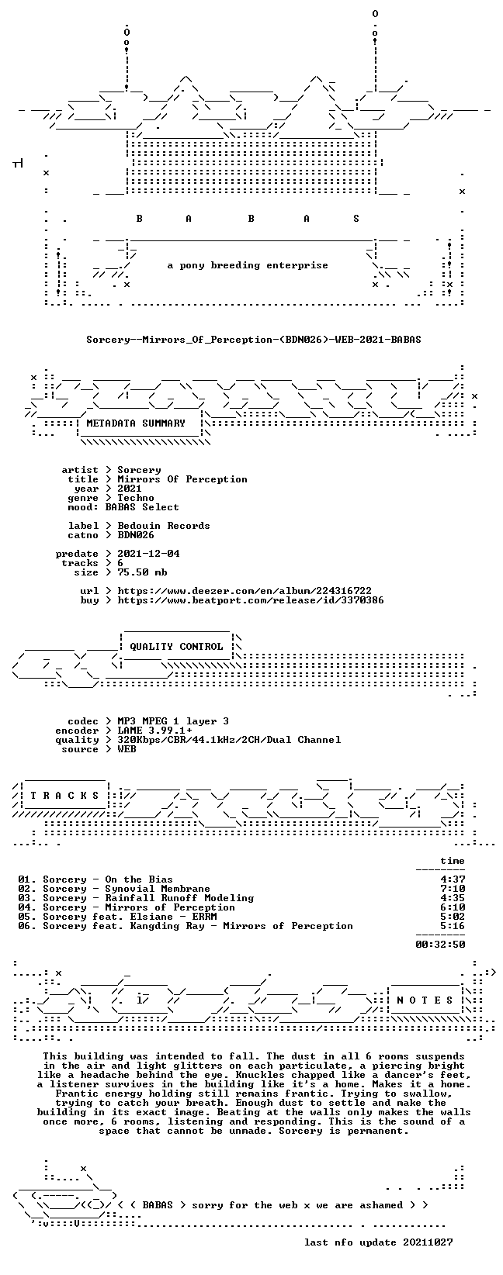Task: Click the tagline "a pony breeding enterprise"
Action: pyautogui.click(x=248, y=265)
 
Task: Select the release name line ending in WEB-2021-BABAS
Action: pyautogui.click(x=254, y=340)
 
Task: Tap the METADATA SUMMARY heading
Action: pyautogui.click(x=136, y=423)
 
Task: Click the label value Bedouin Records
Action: pyautogui.click(x=164, y=526)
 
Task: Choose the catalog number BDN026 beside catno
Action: pyautogui.click(x=136, y=535)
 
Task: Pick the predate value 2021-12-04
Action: pyautogui.click(x=148, y=554)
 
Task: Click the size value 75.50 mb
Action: pyautogui.click(x=142, y=572)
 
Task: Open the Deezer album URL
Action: pyautogui.click(x=245, y=591)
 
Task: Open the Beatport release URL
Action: pyautogui.click(x=251, y=600)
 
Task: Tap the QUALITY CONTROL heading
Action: pyautogui.click(x=176, y=647)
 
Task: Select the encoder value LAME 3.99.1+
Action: pyautogui.click(x=154, y=731)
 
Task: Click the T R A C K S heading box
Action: pyautogui.click(x=64, y=796)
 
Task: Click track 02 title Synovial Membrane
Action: pyautogui.click(x=158, y=889)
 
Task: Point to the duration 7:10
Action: pyautogui.click(x=453, y=889)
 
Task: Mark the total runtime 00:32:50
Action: pyautogui.click(x=440, y=945)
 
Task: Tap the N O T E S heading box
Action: pyautogui.click(x=425, y=1000)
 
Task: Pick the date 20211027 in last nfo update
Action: pyautogui.click(x=428, y=1242)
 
